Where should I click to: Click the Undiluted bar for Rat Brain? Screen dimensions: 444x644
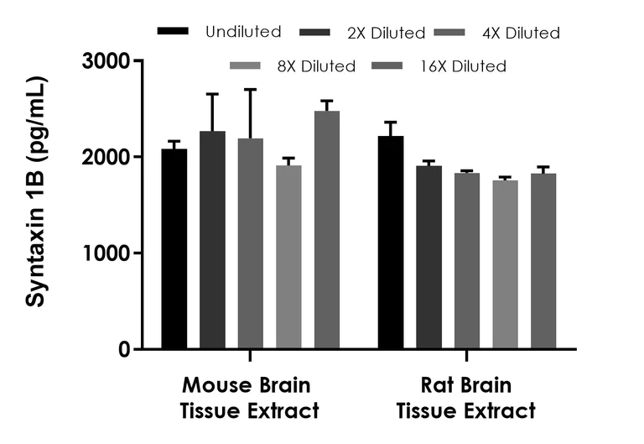[390, 243]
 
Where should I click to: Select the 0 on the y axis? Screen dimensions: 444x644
[125, 349]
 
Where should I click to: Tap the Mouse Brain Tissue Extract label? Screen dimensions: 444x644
[249, 399]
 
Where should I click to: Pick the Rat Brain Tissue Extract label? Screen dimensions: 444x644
[465, 399]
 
